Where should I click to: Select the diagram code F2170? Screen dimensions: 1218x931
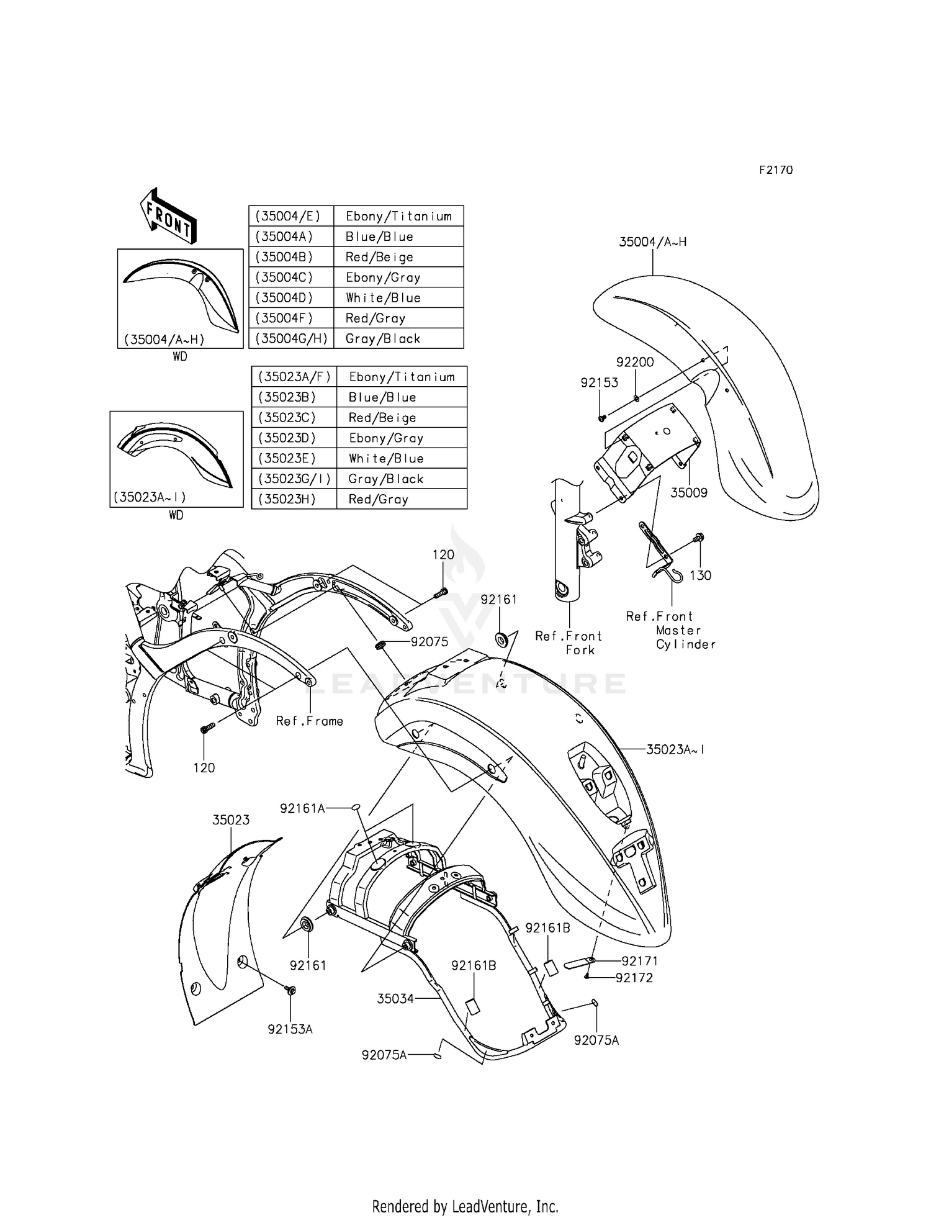(776, 170)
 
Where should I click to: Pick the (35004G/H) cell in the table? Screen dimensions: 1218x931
(291, 338)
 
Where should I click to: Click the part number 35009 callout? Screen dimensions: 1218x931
(688, 493)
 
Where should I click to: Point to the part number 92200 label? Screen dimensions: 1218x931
(635, 362)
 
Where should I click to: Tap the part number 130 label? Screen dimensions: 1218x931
(700, 575)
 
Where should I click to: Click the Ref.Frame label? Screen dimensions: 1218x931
(309, 721)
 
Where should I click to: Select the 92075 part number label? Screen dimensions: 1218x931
(430, 642)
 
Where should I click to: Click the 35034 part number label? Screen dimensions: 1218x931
(395, 999)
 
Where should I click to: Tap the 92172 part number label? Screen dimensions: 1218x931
(634, 978)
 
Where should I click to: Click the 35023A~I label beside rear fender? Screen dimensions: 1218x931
(675, 749)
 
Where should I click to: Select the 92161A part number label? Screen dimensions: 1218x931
(302, 808)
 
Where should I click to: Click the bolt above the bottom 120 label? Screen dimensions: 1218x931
(207, 727)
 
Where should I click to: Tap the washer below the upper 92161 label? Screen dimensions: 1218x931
(501, 638)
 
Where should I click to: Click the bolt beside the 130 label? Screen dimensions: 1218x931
(699, 538)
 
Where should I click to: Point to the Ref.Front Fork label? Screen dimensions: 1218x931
(569, 643)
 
